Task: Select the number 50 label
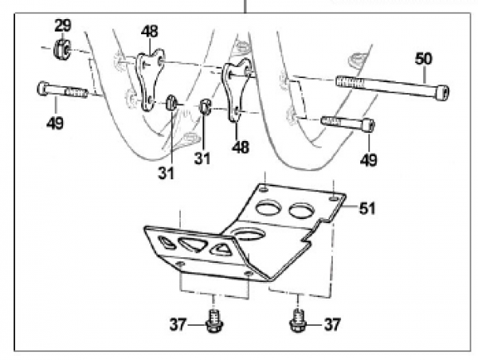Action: point(424,59)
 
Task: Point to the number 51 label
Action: point(366,209)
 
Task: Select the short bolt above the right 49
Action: point(348,123)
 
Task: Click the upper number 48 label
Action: point(149,31)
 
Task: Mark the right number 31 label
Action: point(202,158)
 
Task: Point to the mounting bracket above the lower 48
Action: point(237,93)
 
